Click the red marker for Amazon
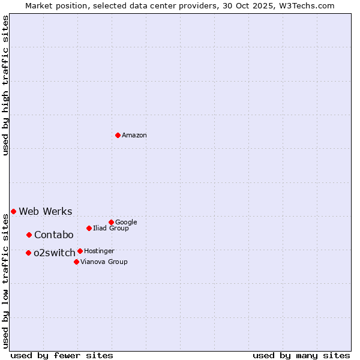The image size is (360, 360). pyautogui.click(x=118, y=135)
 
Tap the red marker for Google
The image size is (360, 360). pyautogui.click(x=111, y=222)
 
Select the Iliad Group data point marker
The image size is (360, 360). pyautogui.click(x=89, y=228)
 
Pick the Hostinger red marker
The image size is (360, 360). pyautogui.click(x=80, y=251)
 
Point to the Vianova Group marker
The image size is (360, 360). pyautogui.click(x=76, y=262)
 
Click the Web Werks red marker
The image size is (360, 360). pyautogui.click(x=13, y=211)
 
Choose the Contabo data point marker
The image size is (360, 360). pyautogui.click(x=29, y=235)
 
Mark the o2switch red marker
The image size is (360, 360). pyautogui.click(x=28, y=253)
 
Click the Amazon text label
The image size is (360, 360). pyautogui.click(x=134, y=136)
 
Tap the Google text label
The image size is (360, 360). pyautogui.click(x=126, y=223)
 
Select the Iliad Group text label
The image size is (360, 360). pyautogui.click(x=111, y=229)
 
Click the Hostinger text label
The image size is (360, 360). pyautogui.click(x=99, y=251)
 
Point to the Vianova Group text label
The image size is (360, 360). pyautogui.click(x=104, y=262)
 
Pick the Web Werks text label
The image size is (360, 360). pyautogui.click(x=46, y=212)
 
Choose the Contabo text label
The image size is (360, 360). pyautogui.click(x=54, y=235)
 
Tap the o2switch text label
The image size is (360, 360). pyautogui.click(x=55, y=253)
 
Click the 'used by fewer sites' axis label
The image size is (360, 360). pyautogui.click(x=62, y=355)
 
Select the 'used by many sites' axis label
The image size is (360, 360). pyautogui.click(x=301, y=355)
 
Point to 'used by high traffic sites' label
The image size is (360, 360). pyautogui.click(x=6, y=85)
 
